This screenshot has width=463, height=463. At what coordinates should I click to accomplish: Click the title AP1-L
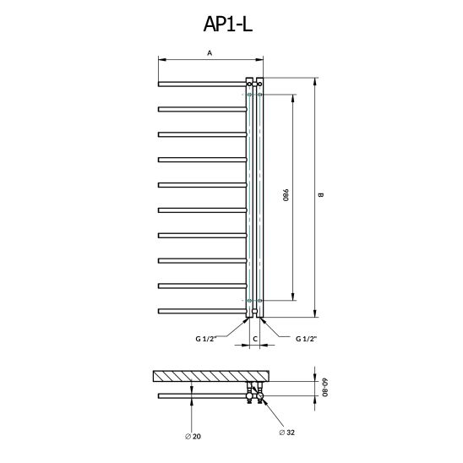(227, 24)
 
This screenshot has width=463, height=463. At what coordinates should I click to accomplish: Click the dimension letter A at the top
(210, 53)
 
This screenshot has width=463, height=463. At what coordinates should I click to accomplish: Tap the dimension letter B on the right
(321, 195)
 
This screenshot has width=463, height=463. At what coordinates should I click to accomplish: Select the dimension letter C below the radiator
(255, 339)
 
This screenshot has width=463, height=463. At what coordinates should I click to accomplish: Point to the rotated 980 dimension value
(286, 195)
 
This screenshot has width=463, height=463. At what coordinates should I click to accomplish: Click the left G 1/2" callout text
(206, 339)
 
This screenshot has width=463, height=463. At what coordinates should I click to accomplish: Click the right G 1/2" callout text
(307, 339)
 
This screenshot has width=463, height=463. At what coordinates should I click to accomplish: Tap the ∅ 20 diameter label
(193, 437)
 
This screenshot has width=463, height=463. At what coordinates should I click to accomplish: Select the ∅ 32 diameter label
(287, 433)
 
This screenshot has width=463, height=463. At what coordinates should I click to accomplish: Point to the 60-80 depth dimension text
(324, 387)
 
